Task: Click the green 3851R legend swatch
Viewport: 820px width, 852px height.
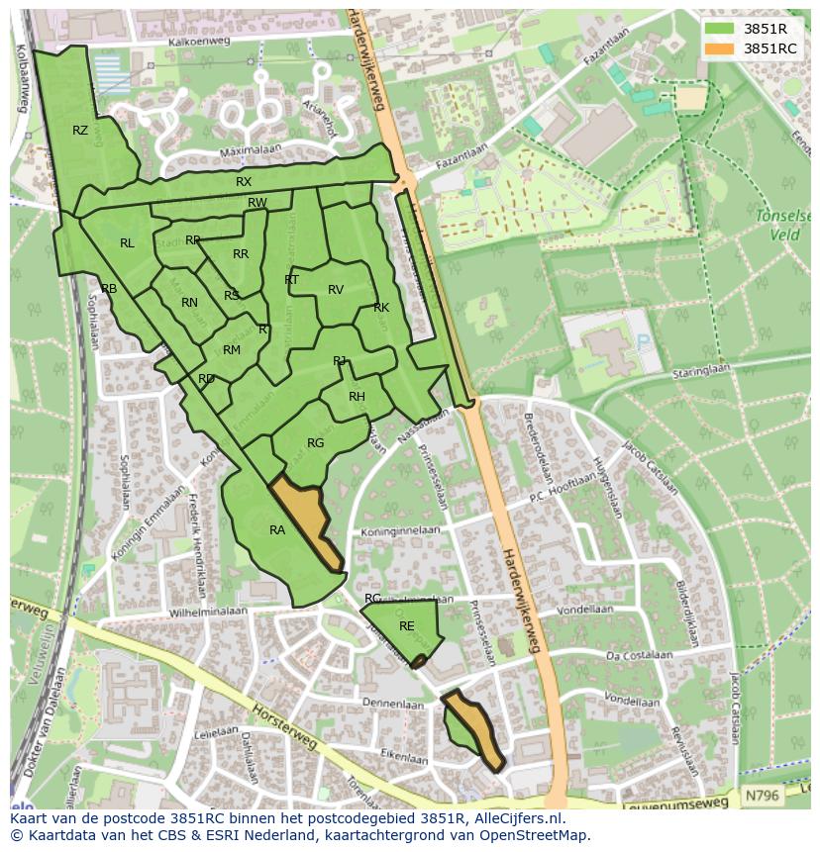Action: tap(719, 29)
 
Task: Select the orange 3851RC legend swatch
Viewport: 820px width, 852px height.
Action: tap(719, 48)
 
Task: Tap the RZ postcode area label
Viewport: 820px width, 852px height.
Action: tap(80, 131)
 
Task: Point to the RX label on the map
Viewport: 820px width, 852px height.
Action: tap(244, 182)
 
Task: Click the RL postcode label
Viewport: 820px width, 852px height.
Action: tap(127, 243)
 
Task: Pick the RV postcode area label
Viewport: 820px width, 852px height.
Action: tap(336, 290)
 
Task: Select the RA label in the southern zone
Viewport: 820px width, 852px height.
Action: tap(277, 530)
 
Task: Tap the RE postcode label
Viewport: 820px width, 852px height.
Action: tap(407, 626)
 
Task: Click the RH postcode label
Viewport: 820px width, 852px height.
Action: tap(358, 397)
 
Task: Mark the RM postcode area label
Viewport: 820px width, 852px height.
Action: tap(232, 350)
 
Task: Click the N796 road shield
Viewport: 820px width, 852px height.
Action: tap(761, 795)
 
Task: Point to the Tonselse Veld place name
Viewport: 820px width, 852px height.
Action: tap(782, 225)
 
